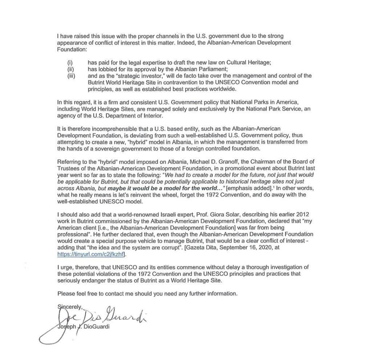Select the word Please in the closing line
(x=66, y=293)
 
